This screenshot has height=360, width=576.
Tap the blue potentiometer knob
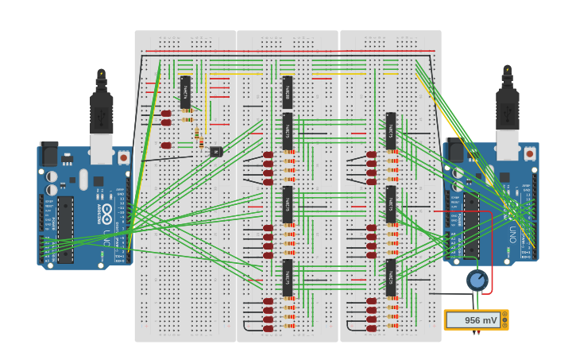click(x=477, y=280)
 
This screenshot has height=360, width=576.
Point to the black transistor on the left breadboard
click(x=215, y=151)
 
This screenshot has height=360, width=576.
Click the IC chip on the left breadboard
click(x=185, y=92)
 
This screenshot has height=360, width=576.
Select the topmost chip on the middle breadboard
click(x=288, y=92)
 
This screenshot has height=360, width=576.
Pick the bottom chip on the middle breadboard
click(x=288, y=277)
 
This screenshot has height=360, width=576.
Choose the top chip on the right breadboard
click(x=390, y=130)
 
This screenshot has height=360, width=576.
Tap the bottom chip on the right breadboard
click(x=390, y=277)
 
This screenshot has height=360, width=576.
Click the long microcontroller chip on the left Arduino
click(x=65, y=230)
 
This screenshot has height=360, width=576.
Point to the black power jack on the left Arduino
click(x=49, y=154)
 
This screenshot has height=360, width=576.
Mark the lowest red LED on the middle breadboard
click(x=268, y=328)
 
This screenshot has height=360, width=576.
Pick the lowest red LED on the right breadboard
click(x=371, y=328)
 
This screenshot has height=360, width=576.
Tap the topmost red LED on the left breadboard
click(x=166, y=114)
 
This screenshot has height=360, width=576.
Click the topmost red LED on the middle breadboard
click(x=268, y=155)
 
